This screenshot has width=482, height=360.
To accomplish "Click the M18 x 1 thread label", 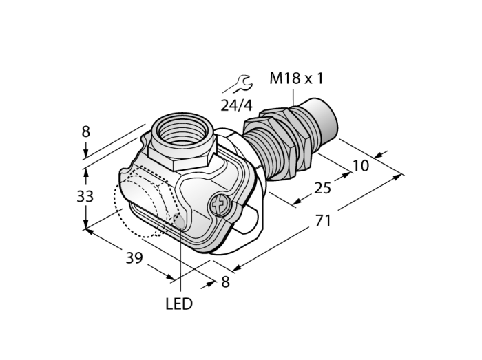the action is click(296, 78).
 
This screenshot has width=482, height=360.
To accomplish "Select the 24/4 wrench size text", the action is click(237, 106).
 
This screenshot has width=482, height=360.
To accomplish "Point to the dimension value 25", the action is click(322, 188).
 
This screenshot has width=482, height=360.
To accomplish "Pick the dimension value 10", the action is click(360, 166).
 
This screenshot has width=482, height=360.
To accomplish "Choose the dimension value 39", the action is click(134, 258).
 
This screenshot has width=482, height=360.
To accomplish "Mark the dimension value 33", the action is click(85, 196).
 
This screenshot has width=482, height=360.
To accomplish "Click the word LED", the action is click(179, 304).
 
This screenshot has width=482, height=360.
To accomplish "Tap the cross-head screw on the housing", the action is click(220, 205).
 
